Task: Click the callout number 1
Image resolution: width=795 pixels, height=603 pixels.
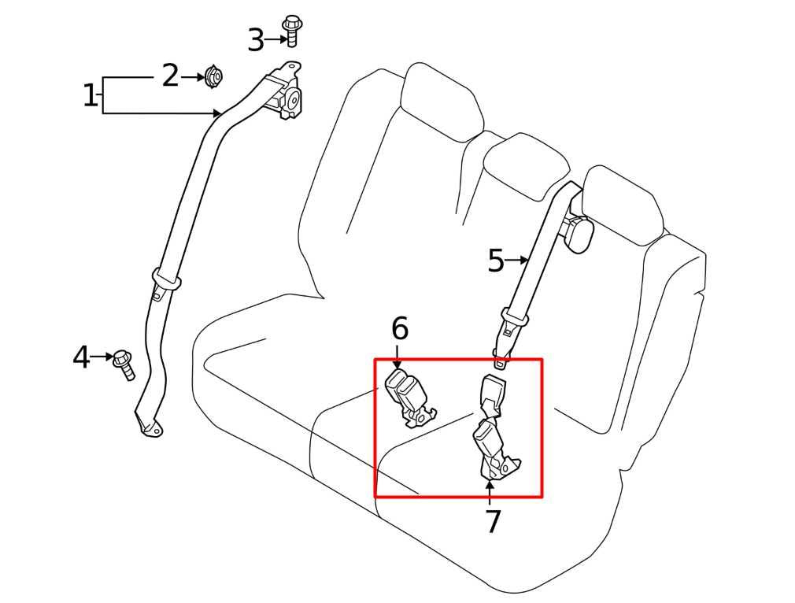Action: pyautogui.click(x=91, y=96)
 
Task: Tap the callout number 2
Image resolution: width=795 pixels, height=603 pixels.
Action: pyautogui.click(x=170, y=76)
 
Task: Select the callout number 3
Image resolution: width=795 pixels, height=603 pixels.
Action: pyautogui.click(x=256, y=39)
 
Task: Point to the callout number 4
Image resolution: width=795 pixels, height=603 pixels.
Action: pyautogui.click(x=81, y=357)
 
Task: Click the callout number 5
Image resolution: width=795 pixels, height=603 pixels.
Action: pyautogui.click(x=495, y=261)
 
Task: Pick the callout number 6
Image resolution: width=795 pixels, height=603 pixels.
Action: pyautogui.click(x=400, y=328)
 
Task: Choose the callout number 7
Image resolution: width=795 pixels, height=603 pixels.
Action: pyautogui.click(x=493, y=521)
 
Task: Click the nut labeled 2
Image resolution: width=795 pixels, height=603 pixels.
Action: pyautogui.click(x=213, y=76)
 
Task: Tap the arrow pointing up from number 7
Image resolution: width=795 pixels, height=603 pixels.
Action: pyautogui.click(x=490, y=491)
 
